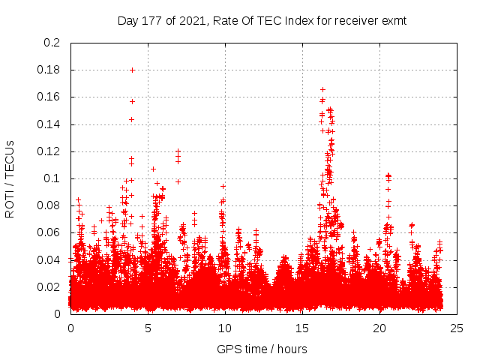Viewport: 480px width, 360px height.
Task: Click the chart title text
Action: pos(262,21)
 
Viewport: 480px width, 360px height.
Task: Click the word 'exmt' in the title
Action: pos(394,21)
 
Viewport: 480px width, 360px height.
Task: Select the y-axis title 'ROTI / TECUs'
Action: pos(10,178)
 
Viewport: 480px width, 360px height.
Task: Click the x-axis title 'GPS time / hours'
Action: pos(262,349)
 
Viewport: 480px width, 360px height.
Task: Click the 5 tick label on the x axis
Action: pos(148,328)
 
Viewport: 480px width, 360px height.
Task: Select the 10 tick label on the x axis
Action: pos(225,328)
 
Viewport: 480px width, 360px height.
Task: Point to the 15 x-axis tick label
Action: pos(302,328)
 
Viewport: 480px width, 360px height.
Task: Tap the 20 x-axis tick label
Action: pos(379,328)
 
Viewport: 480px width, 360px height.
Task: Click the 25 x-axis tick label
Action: pos(457,328)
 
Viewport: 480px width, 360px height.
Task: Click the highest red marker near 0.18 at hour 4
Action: pos(133,70)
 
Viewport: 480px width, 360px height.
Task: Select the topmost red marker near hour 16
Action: pos(322,89)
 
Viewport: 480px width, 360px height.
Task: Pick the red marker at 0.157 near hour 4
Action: pos(133,101)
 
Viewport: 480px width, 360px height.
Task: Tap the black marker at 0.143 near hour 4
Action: pos(131,119)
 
